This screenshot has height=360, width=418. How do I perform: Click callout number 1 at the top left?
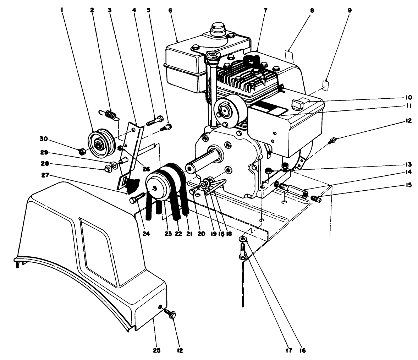tap(62, 10)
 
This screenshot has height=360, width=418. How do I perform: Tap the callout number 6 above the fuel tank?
tap(170, 10)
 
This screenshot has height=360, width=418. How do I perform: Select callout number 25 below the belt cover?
tap(156, 350)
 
